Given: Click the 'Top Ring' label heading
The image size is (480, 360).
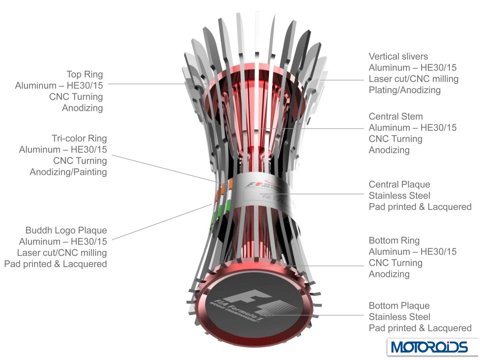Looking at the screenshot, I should coord(84,74).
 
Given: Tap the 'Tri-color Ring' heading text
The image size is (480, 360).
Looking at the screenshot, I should coord(79,138).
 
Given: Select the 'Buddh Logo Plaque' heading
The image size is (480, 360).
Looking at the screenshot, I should coord(66,230).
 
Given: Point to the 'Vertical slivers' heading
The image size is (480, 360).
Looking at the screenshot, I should coord(398,57).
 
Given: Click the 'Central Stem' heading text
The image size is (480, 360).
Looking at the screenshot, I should coord(396,117).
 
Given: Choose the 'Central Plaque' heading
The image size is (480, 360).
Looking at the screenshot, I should coord(399,184).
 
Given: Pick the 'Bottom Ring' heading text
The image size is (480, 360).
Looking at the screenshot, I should coord(394,240).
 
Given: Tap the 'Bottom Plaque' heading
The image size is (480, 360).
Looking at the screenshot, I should coord(399,306).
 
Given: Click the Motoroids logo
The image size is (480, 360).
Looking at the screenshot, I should coord(429,347).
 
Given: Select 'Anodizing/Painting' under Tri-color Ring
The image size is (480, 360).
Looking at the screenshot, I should coord(68,172).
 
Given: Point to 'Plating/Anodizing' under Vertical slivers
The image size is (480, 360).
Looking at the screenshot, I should coord(405,90).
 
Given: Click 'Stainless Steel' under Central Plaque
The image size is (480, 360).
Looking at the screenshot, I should coord(399,196).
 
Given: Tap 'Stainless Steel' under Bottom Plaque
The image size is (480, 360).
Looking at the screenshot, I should coord(399,317).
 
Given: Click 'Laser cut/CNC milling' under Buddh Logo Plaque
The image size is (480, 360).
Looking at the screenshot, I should coord(62,253).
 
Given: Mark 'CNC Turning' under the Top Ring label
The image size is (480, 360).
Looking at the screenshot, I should coord(76,97).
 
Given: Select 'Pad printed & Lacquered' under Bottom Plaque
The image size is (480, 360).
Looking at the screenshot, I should coord(420,328).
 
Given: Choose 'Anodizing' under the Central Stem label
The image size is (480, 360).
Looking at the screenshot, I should coord(389,150).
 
